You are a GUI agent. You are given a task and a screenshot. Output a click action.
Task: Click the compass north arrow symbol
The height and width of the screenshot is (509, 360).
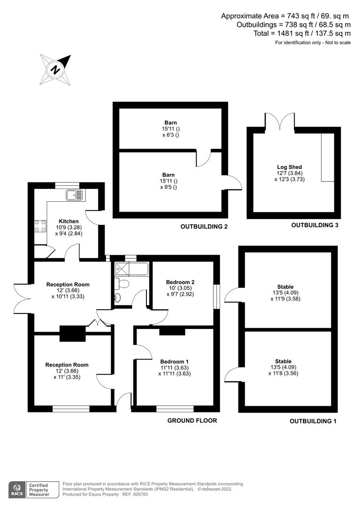tap(56, 69)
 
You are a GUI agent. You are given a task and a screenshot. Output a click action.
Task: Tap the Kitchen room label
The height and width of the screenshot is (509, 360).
tap(68, 222)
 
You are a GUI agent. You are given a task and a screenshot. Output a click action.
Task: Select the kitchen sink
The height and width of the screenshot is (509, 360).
tap(74, 195)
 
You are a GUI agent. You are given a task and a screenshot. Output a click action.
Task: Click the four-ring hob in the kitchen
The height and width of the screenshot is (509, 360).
tap(40, 226)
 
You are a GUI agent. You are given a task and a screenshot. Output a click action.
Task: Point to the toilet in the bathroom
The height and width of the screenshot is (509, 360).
tap(123, 283)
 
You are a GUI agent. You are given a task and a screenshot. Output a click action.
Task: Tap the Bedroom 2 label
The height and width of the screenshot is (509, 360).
tap(180, 282)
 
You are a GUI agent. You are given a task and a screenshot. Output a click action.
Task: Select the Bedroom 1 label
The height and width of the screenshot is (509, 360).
tap(174, 361)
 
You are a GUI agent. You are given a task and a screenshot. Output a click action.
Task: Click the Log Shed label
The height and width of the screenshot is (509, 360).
tap(289, 167)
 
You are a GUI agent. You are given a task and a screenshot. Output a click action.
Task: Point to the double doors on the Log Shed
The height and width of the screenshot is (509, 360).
tap(280, 120)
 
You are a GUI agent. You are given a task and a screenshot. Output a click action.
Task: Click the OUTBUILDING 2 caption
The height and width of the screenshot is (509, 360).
tap(204, 227)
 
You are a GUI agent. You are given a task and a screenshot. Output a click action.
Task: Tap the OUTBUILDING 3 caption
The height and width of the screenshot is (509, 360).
tap(315, 225)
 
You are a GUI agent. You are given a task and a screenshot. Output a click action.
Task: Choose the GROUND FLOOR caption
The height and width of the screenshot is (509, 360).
tap(192, 421)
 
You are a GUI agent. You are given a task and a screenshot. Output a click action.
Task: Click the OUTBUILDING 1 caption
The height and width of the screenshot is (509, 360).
tap(313, 421)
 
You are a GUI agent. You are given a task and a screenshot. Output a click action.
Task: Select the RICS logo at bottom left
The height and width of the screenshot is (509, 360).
tap(17, 490)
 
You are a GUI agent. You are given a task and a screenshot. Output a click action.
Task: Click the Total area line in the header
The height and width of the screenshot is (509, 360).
tap(302, 33)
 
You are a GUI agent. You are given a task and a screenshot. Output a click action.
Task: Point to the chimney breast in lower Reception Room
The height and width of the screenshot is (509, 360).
tap(73, 334)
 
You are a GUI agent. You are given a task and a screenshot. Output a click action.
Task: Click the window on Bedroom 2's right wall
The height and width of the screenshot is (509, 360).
tap(216, 297)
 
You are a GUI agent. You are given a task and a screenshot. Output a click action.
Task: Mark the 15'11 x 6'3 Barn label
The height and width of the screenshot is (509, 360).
tap(171, 129)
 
